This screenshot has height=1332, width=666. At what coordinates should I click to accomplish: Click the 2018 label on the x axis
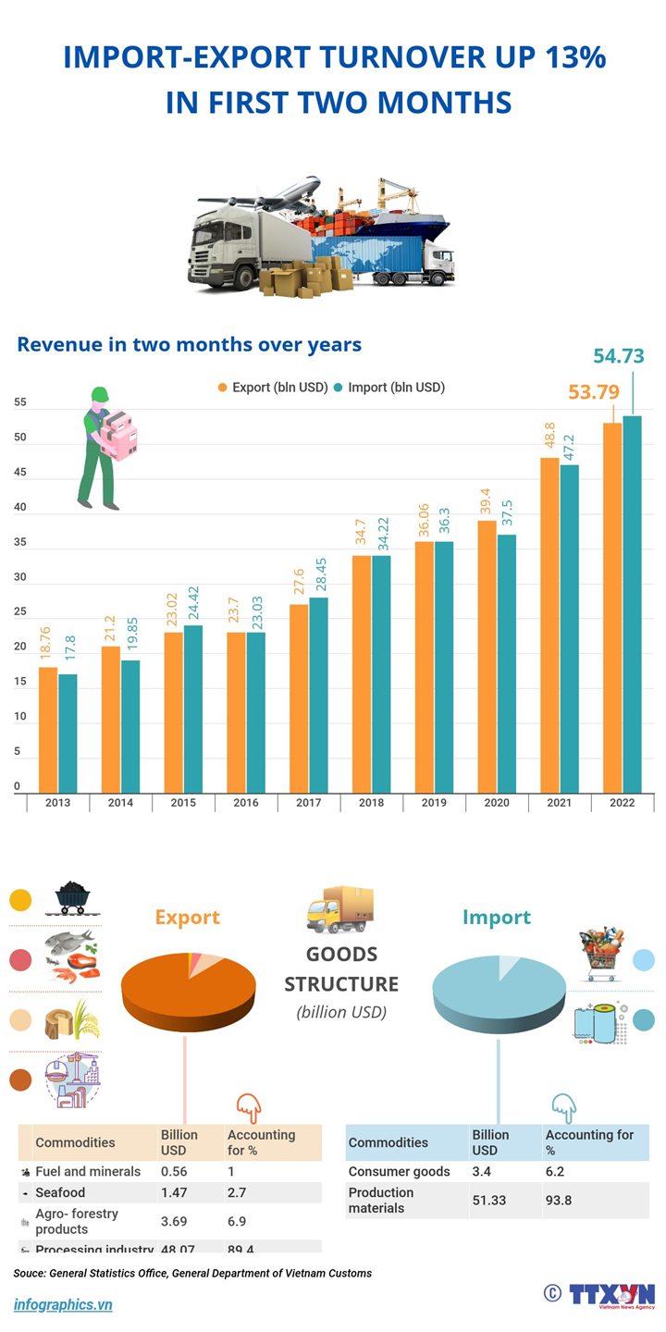(372, 803)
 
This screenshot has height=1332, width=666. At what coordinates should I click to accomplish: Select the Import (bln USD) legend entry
(389, 388)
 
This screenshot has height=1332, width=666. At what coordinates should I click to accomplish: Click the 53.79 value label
(593, 392)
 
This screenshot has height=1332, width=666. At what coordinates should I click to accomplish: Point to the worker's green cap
(99, 394)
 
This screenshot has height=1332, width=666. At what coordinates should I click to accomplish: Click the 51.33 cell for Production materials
(490, 1201)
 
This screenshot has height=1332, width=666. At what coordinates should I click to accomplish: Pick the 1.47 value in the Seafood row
(174, 1193)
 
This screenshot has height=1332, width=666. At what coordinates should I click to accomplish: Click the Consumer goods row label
(399, 1171)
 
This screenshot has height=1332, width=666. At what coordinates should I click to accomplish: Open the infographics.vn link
(63, 1304)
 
